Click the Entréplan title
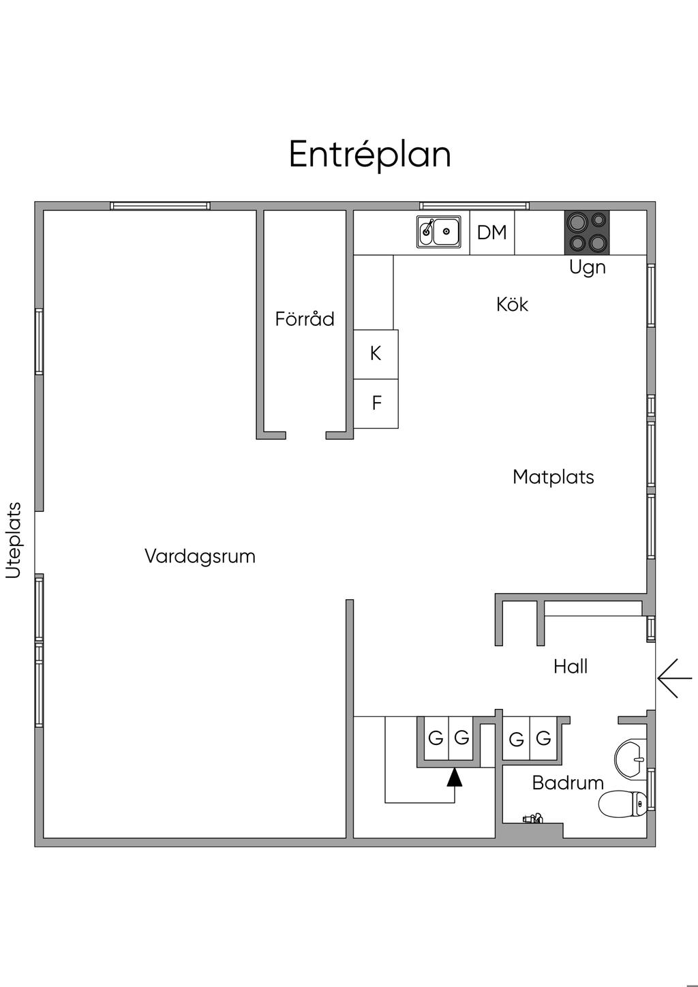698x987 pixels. (369, 155)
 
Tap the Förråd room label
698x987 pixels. (305, 318)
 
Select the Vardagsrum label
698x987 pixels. (200, 556)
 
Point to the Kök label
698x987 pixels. (512, 305)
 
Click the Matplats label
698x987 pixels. (553, 477)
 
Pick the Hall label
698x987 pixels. (571, 667)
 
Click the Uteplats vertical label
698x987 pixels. (14, 541)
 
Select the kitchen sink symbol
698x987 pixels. (439, 231)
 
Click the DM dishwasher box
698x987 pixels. (492, 232)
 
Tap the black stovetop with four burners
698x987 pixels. (587, 232)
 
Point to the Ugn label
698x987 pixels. (588, 267)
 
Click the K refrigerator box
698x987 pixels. (376, 354)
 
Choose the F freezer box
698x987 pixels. (376, 404)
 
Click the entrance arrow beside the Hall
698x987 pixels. (675, 678)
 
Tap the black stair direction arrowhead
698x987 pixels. (455, 777)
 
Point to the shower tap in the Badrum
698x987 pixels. (533, 819)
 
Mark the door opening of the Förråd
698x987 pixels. (306, 436)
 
